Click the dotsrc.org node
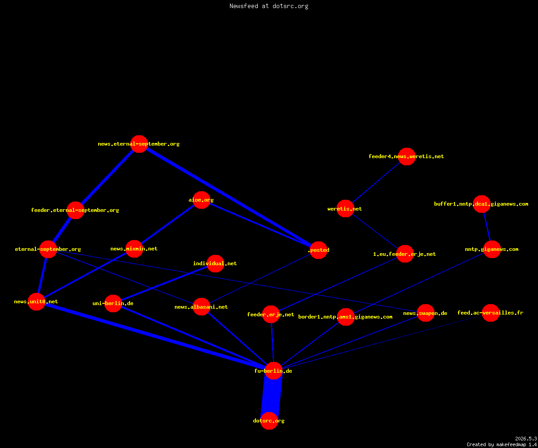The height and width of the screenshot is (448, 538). (x=269, y=421)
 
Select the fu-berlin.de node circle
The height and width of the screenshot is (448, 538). (x=273, y=371)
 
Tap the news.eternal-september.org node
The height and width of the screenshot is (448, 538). (x=139, y=144)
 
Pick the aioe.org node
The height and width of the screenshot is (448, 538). (x=201, y=200)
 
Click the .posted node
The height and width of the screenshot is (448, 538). (x=318, y=250)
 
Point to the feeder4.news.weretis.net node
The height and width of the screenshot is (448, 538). (x=407, y=156)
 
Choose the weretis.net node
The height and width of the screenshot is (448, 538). (x=345, y=209)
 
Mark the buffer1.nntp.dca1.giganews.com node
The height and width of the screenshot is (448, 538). (x=482, y=204)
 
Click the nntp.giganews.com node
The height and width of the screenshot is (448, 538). (x=492, y=249)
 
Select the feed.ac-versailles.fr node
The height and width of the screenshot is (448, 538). (x=490, y=313)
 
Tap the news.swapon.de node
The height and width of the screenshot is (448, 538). (x=425, y=313)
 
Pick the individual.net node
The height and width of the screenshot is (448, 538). (x=215, y=263)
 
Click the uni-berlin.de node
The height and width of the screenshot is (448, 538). (x=113, y=303)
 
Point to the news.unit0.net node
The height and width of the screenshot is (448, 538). (x=36, y=302)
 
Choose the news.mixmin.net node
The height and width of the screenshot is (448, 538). (x=134, y=249)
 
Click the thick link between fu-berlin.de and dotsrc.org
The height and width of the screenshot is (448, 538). (x=271, y=396)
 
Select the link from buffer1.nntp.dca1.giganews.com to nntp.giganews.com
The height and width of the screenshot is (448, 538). (x=487, y=227)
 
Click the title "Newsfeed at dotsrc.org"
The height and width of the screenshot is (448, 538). (x=269, y=6)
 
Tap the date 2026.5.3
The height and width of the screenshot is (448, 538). (x=526, y=439)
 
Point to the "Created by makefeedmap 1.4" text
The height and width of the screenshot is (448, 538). (x=502, y=445)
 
